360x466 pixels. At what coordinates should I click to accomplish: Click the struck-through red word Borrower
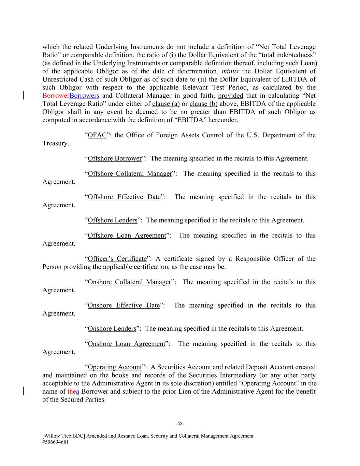click(x=56, y=96)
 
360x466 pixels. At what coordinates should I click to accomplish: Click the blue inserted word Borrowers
click(x=84, y=96)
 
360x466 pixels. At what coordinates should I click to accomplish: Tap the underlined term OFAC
click(x=97, y=135)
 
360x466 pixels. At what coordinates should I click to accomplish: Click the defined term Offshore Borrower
click(x=115, y=158)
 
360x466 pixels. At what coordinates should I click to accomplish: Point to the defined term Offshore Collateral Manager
click(x=130, y=174)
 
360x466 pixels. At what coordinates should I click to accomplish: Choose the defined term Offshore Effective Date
click(x=124, y=197)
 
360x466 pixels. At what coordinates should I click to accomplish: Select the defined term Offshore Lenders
click(x=113, y=220)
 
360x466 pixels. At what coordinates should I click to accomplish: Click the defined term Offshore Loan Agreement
click(x=127, y=236)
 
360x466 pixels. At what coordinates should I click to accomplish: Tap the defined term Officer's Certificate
click(x=117, y=259)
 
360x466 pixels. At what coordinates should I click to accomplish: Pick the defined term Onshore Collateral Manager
click(x=129, y=282)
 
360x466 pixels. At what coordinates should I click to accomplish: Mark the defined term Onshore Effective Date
click(x=124, y=305)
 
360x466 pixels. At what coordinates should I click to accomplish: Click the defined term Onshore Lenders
click(x=112, y=329)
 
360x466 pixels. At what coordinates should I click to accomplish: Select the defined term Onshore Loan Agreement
click(x=126, y=344)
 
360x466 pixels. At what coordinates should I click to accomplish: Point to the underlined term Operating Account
click(x=115, y=367)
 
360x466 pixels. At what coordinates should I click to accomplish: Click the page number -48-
click(x=180, y=424)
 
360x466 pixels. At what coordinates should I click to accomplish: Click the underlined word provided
click(x=231, y=96)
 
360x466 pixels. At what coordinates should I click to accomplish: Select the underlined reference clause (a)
click(x=166, y=104)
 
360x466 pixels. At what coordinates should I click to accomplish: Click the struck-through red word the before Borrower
click(x=72, y=392)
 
